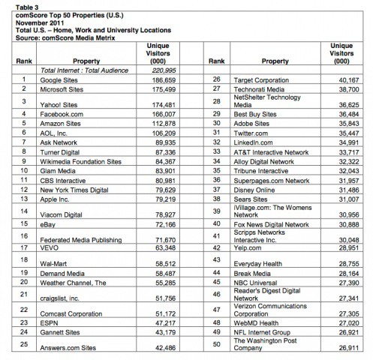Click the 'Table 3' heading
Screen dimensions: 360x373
[17, 4]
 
